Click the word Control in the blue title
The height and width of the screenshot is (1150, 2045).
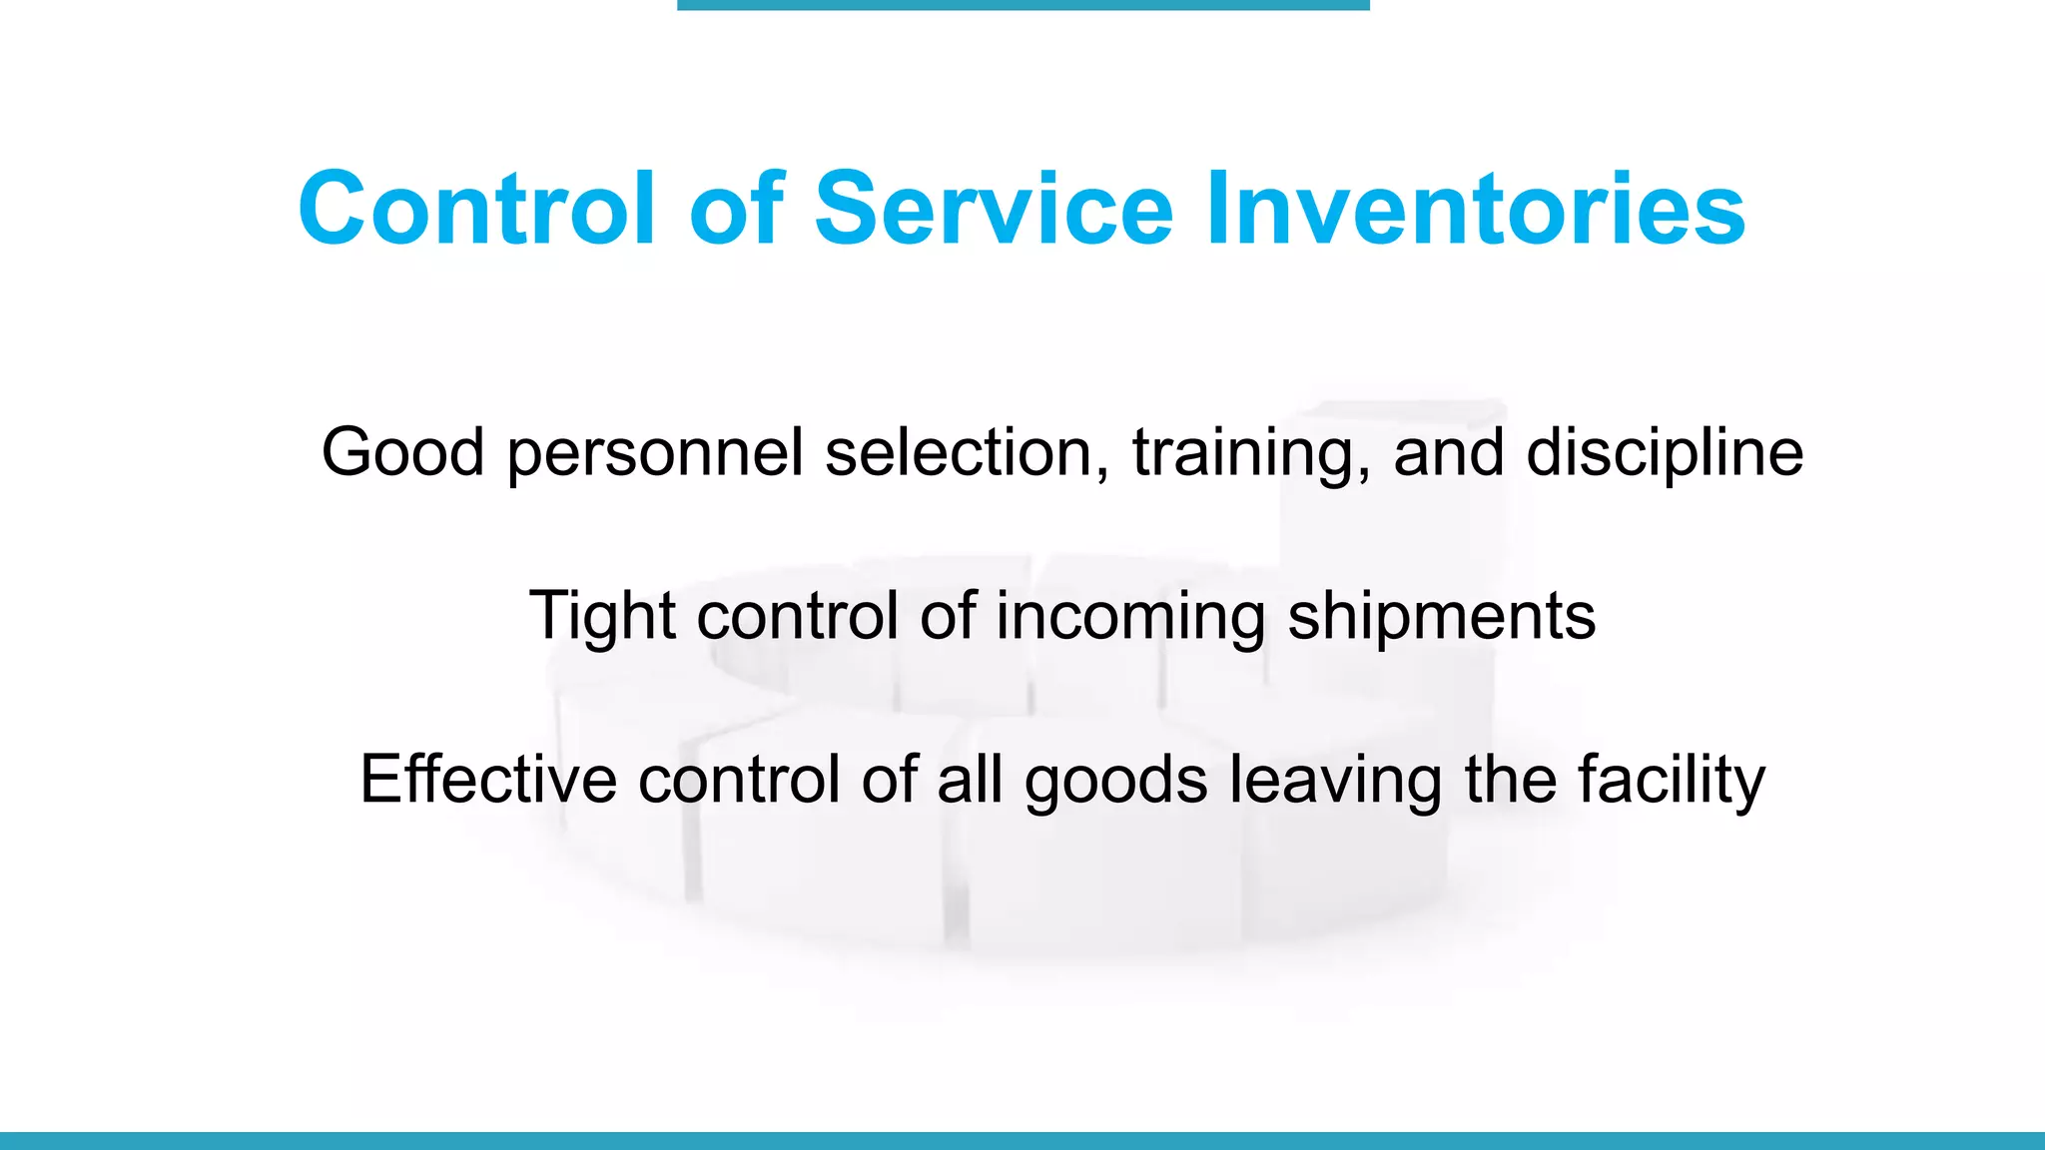(x=476, y=209)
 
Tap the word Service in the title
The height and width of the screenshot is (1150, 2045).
(x=994, y=209)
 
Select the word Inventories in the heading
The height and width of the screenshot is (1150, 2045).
(x=1475, y=209)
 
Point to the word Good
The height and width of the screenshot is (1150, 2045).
(x=402, y=452)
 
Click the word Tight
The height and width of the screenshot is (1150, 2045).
(x=602, y=616)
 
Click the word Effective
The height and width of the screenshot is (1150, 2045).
(x=487, y=779)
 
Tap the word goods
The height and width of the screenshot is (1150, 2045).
(x=1115, y=781)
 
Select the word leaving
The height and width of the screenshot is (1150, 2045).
(x=1335, y=781)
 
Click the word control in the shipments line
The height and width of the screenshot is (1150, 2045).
(x=798, y=616)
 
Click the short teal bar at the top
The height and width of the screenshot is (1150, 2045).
(x=1022, y=5)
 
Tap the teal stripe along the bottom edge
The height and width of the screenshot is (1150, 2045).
(x=1022, y=1140)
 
